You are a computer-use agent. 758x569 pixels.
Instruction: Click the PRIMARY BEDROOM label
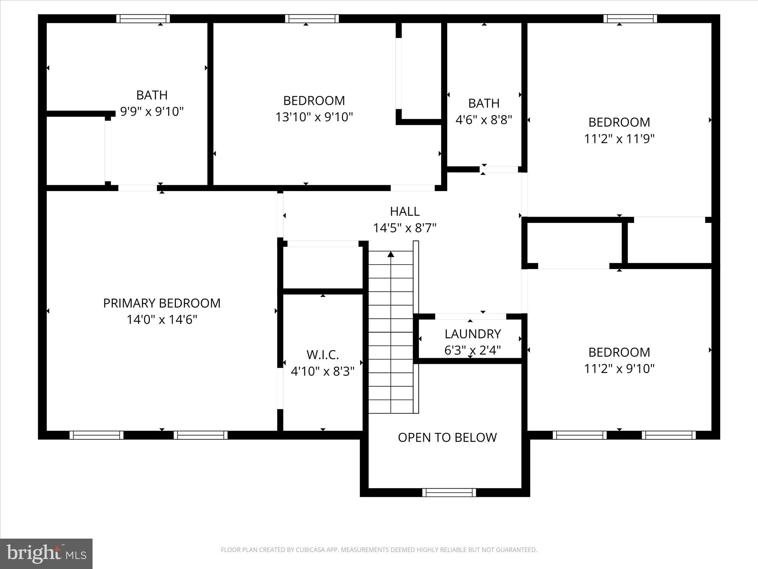(162, 303)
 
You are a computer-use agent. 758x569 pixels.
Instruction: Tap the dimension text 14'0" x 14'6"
(162, 319)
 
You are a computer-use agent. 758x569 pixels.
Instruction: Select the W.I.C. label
(322, 355)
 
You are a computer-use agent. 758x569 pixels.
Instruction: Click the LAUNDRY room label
(472, 334)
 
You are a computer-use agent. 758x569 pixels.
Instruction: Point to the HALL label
(405, 211)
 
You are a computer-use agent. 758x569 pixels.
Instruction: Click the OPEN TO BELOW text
(447, 437)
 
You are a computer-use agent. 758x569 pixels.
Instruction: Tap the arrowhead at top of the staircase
(391, 254)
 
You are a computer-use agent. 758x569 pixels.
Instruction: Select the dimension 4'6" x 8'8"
(483, 120)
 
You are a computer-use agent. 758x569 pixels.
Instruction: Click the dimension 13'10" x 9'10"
(314, 117)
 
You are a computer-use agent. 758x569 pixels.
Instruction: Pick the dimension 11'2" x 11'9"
(619, 139)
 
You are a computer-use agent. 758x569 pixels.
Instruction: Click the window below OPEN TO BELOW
(449, 492)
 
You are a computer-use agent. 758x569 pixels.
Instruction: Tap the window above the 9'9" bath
(143, 19)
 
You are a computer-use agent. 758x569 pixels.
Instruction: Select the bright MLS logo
(46, 553)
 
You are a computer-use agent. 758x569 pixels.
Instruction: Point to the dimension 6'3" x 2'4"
(472, 350)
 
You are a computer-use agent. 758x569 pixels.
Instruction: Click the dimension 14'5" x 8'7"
(405, 228)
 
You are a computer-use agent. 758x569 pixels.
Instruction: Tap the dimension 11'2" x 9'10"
(619, 369)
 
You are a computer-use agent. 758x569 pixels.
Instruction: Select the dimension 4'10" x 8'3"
(322, 371)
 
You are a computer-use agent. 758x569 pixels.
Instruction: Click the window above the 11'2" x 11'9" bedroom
(630, 19)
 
